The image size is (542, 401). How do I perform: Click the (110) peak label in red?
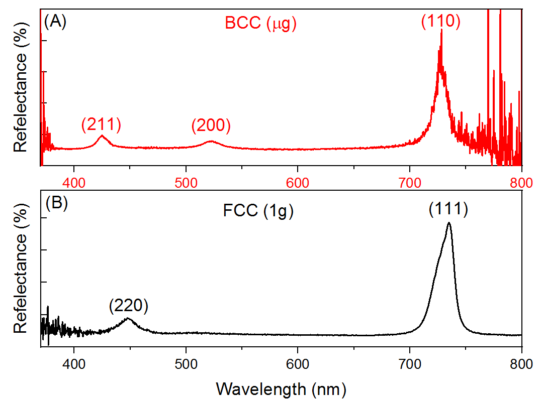coord(440,22)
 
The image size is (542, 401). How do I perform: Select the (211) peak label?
coord(101,125)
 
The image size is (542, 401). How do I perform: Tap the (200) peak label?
coord(211,126)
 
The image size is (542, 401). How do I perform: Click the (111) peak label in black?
coord(448,209)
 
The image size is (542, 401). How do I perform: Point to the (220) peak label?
coord(129,306)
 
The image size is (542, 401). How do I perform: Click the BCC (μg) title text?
coord(260,23)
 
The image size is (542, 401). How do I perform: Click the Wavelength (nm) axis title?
coord(281,388)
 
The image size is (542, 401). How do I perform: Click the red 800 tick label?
coord(521,181)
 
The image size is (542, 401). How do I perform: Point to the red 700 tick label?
coord(410,181)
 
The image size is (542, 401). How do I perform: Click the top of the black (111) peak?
coord(448,223)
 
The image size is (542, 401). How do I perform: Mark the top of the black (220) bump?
coord(128,318)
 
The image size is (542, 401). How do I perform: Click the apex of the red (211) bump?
coord(102,136)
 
